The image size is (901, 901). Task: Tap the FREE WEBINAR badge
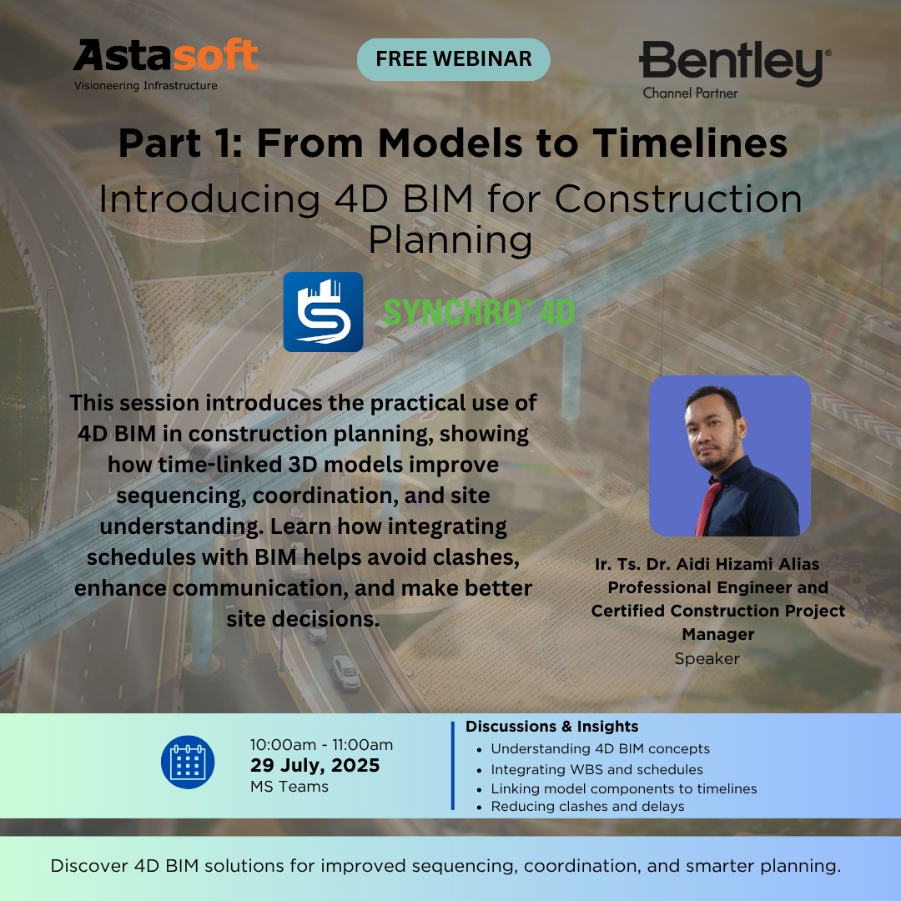[x=453, y=59]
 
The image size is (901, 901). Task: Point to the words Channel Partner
[x=690, y=93]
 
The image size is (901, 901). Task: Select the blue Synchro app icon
[x=323, y=312]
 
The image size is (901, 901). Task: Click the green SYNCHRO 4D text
[x=479, y=313]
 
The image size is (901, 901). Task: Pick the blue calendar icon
[x=188, y=763]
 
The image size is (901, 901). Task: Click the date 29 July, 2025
[x=315, y=765]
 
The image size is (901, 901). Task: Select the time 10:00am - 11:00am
[x=321, y=745]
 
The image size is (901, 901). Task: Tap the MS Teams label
[x=289, y=787]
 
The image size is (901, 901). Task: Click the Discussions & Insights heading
[x=551, y=727]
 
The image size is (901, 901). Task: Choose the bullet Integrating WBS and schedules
[x=596, y=769]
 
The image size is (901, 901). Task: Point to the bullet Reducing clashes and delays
[x=587, y=806]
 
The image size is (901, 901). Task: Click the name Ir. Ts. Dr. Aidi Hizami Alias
[x=707, y=564]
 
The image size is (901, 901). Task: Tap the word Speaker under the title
[x=707, y=659]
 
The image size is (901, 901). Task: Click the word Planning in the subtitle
[x=450, y=240]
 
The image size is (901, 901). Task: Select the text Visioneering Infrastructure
[x=145, y=86]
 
